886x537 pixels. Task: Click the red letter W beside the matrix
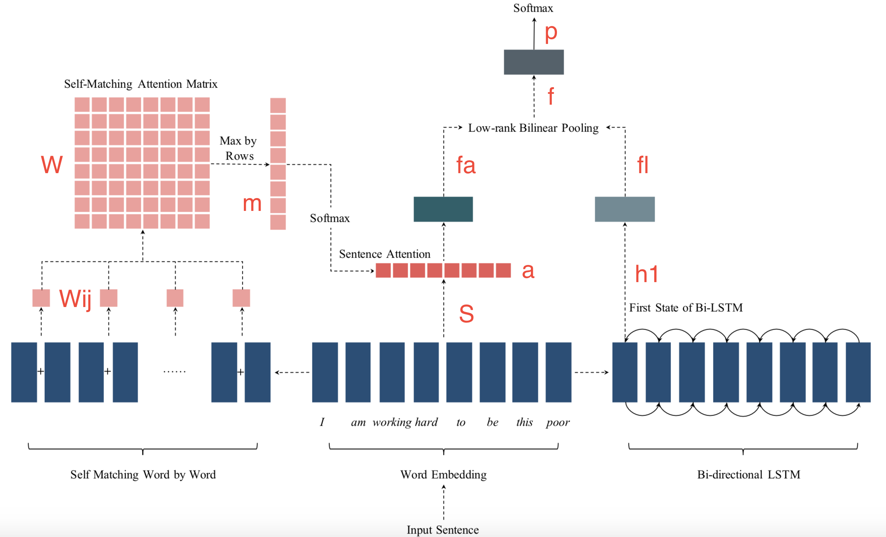(x=52, y=164)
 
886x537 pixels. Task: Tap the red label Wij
(x=75, y=299)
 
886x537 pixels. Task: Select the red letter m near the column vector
(x=252, y=204)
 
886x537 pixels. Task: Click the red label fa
(x=466, y=165)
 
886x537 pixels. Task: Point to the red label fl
(x=643, y=165)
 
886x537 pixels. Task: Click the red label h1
(x=646, y=274)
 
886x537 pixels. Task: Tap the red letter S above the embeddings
(x=466, y=314)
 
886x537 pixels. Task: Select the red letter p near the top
(x=551, y=33)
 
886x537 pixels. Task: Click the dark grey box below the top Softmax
(x=534, y=62)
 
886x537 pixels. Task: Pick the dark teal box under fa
(x=443, y=209)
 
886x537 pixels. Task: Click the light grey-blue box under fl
(x=625, y=209)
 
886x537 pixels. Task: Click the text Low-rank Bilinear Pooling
(x=533, y=128)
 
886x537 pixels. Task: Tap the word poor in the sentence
(x=558, y=423)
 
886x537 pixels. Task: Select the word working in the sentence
(x=392, y=423)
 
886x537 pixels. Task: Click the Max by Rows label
(x=238, y=148)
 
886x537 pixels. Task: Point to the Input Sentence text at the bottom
(x=443, y=530)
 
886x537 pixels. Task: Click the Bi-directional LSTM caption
(x=748, y=475)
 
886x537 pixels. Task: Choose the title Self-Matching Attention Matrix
(x=140, y=84)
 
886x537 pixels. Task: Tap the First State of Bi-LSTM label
(x=686, y=308)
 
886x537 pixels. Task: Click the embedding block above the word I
(x=325, y=372)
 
